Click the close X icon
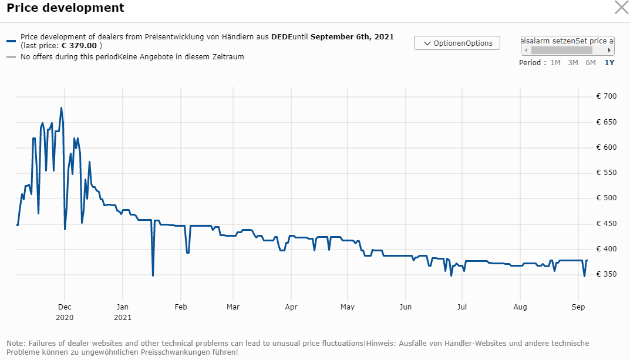(621, 8)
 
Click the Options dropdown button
(457, 43)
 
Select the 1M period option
(555, 62)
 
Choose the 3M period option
(573, 62)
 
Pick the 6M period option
(591, 62)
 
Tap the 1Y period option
(609, 62)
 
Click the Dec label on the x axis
(65, 307)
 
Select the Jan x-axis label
(123, 307)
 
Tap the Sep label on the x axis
(578, 307)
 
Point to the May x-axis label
(348, 307)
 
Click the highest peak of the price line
(61, 108)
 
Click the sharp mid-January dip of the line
(153, 275)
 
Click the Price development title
(65, 8)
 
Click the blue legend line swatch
(11, 41)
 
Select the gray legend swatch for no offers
(11, 57)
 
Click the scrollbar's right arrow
(609, 51)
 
